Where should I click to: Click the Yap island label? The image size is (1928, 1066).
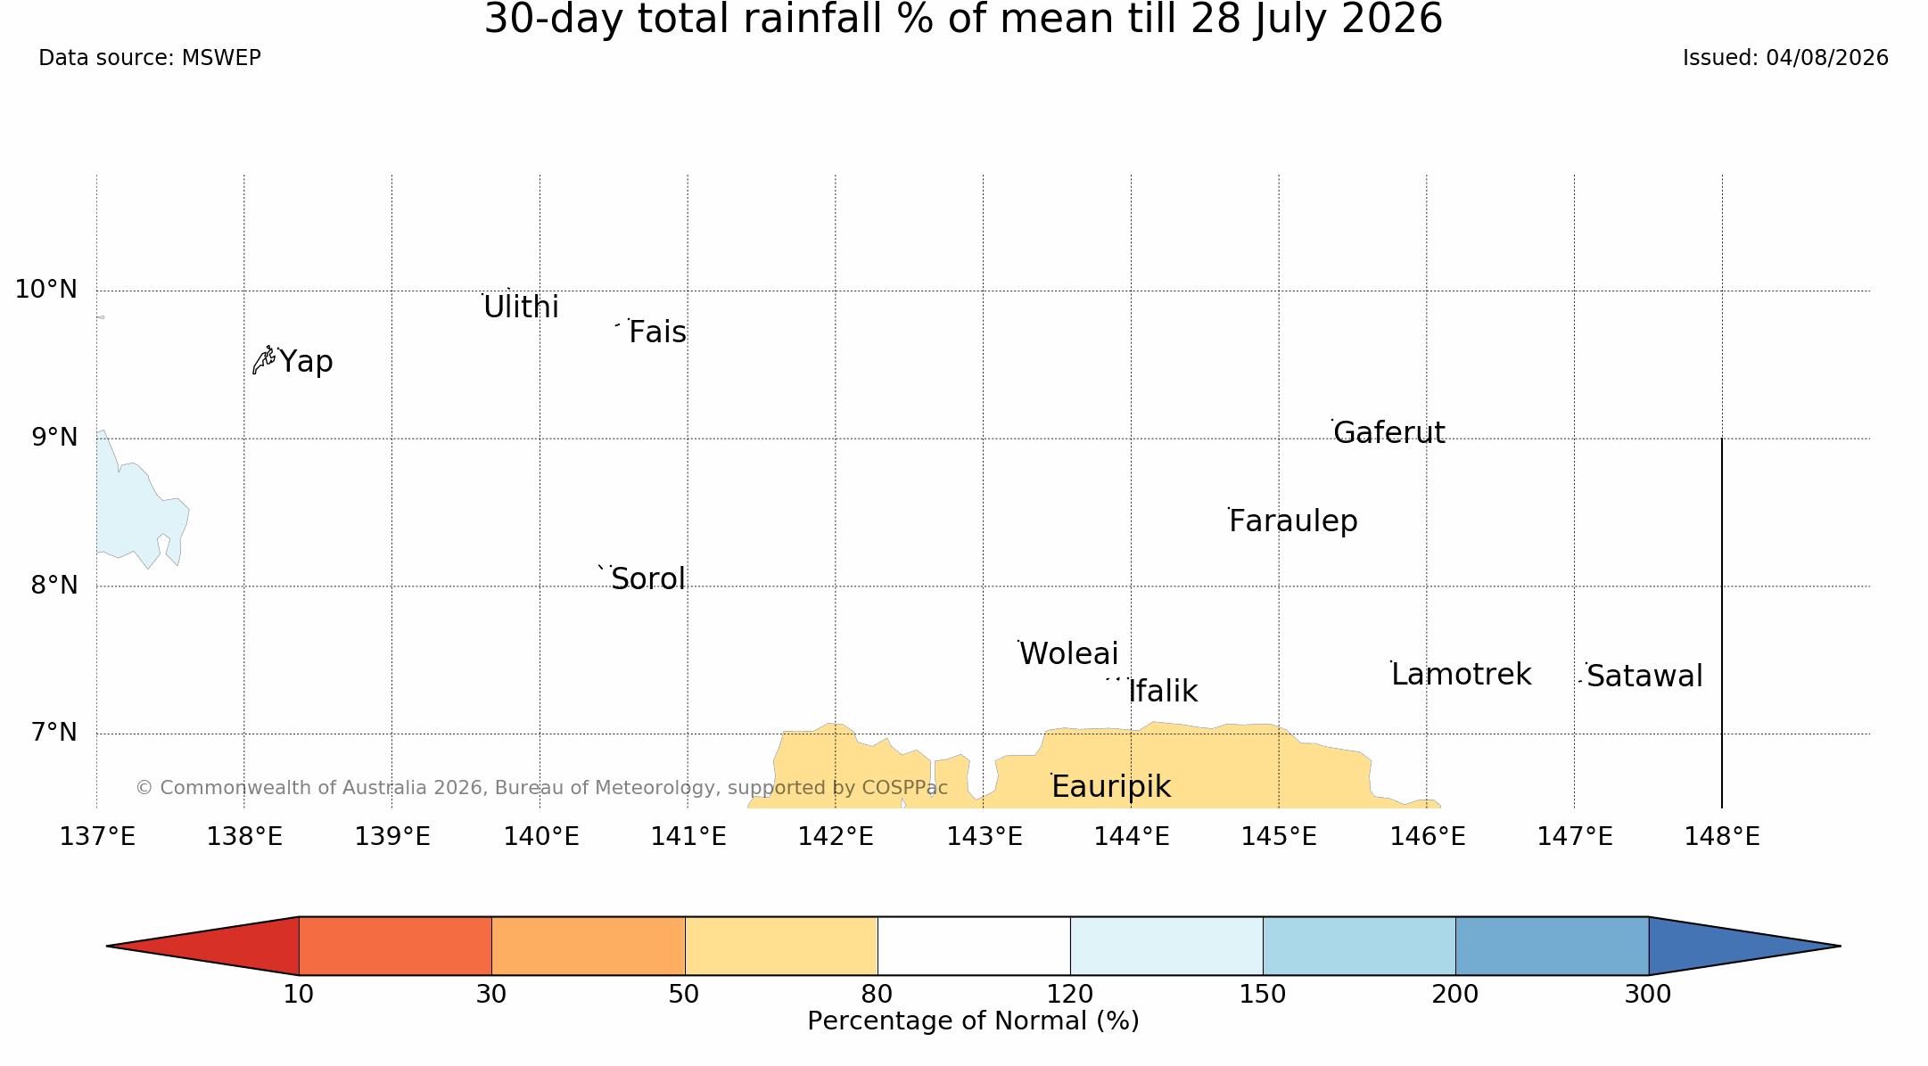coord(306,362)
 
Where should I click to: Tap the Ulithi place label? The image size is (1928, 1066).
coord(521,307)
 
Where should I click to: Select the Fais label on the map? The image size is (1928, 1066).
coord(657,332)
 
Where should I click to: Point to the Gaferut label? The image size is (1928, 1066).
coord(1388,432)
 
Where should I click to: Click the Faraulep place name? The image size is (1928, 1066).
coord(1293,521)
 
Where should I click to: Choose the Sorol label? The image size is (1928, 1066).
coord(648,579)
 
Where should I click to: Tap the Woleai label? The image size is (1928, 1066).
coord(1068,654)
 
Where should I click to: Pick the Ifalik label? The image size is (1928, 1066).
coord(1163,692)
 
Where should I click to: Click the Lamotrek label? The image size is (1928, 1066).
coord(1461,675)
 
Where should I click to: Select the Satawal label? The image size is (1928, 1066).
coord(1644,676)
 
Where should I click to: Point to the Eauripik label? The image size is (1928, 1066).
coord(1110,787)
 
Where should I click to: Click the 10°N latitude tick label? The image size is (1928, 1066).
coord(46,290)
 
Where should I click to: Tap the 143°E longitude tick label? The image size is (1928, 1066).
coord(985,837)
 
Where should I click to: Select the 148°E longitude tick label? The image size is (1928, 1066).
coord(1722,837)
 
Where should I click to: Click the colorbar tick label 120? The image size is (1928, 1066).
coord(1070,995)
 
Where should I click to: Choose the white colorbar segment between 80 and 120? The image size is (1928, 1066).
coord(974,946)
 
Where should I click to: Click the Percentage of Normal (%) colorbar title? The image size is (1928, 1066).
coord(974,1021)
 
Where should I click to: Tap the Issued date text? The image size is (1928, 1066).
coord(1785,58)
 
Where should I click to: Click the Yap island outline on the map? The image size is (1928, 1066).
coord(263,360)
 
